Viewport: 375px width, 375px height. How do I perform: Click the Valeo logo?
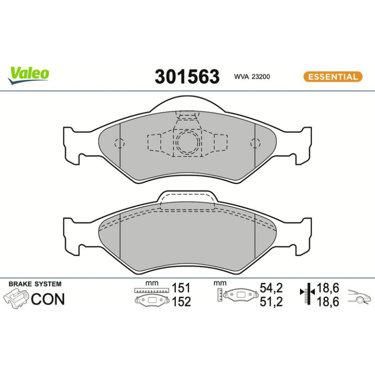pyautogui.click(x=28, y=75)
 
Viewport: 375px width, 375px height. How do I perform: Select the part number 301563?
pyautogui.click(x=187, y=76)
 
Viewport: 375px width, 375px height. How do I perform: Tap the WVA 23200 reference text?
pyautogui.click(x=252, y=77)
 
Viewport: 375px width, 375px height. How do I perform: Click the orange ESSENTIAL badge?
pyautogui.click(x=333, y=77)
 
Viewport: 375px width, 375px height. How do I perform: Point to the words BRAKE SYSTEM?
pyautogui.click(x=35, y=284)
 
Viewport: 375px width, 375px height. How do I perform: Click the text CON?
pyautogui.click(x=48, y=299)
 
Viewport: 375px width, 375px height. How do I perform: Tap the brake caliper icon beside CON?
pyautogui.click(x=16, y=298)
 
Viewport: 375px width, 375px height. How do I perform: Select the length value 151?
pyautogui.click(x=181, y=288)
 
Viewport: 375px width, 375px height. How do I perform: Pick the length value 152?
pyautogui.click(x=181, y=301)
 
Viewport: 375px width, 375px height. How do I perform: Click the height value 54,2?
pyautogui.click(x=271, y=288)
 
